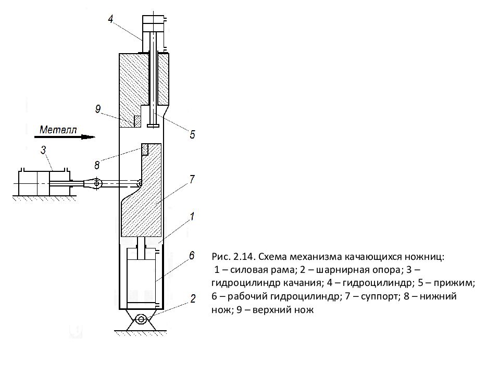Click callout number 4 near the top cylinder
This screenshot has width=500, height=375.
point(110,19)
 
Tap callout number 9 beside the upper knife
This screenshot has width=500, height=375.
point(98,109)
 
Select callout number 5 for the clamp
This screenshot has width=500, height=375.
point(192,134)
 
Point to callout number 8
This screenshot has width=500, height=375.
point(97,165)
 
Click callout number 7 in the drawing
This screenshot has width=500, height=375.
point(192,179)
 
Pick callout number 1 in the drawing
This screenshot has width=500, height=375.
point(192,217)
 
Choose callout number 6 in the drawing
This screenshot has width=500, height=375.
point(191,255)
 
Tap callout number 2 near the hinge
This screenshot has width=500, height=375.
point(193,299)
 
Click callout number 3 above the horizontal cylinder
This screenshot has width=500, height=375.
point(43,150)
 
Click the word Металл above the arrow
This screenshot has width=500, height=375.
point(58,130)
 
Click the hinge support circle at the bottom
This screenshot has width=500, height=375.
point(141,319)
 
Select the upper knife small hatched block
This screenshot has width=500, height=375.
point(137,121)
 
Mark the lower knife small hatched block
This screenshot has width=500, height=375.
point(145,149)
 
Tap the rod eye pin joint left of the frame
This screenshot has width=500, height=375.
point(96,183)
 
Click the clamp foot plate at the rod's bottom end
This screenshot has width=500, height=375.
point(153,126)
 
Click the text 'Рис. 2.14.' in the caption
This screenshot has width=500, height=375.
point(233,257)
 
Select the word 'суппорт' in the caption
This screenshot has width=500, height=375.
point(380,296)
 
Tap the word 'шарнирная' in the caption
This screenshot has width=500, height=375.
point(333,270)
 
